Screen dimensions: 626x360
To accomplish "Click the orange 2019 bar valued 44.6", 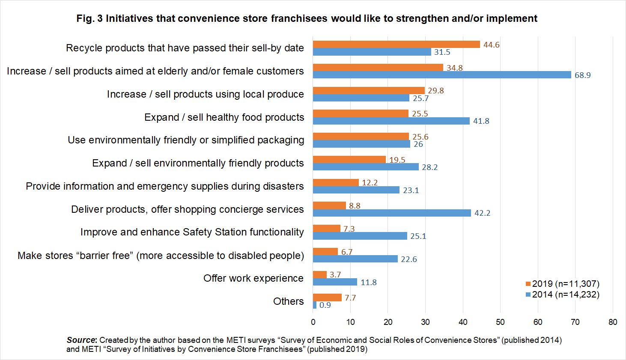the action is coord(396,45).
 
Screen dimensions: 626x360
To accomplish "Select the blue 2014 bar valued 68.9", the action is coord(442,74).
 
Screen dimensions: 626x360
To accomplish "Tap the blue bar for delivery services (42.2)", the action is coord(392,213).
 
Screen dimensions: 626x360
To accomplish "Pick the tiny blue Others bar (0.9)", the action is coord(315,305).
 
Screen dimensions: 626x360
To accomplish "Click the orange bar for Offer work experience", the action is coord(320,274).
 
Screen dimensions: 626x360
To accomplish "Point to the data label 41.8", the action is coord(481,121).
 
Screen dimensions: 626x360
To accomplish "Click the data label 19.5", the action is coord(397,160).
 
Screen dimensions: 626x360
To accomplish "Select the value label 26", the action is coord(418,144).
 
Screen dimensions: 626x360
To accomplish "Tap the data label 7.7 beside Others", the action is coord(350,298).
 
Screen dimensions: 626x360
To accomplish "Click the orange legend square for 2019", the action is coord(528,284).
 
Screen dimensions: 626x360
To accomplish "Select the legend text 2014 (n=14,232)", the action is coord(566,295).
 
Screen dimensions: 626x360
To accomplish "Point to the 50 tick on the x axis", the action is coord(500,322).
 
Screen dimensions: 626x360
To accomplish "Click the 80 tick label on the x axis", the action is coord(613,322).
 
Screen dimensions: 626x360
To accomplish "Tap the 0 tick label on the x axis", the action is coord(313,322).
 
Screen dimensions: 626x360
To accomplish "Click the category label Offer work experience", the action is coord(253,278).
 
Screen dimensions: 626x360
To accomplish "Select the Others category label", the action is coord(289,301).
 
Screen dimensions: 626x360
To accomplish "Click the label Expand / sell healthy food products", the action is coord(224,117).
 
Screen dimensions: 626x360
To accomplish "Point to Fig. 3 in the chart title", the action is coord(89,18).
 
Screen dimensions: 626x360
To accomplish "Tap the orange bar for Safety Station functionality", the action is coord(326,229).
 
